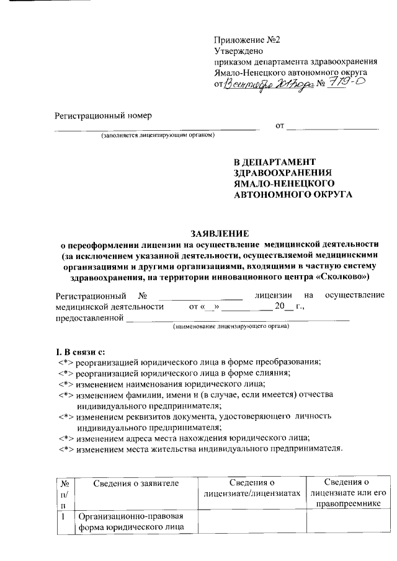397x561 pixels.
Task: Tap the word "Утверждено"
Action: point(239,51)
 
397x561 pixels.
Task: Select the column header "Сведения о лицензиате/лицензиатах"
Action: point(251,487)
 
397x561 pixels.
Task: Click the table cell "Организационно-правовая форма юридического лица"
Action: point(130,522)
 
